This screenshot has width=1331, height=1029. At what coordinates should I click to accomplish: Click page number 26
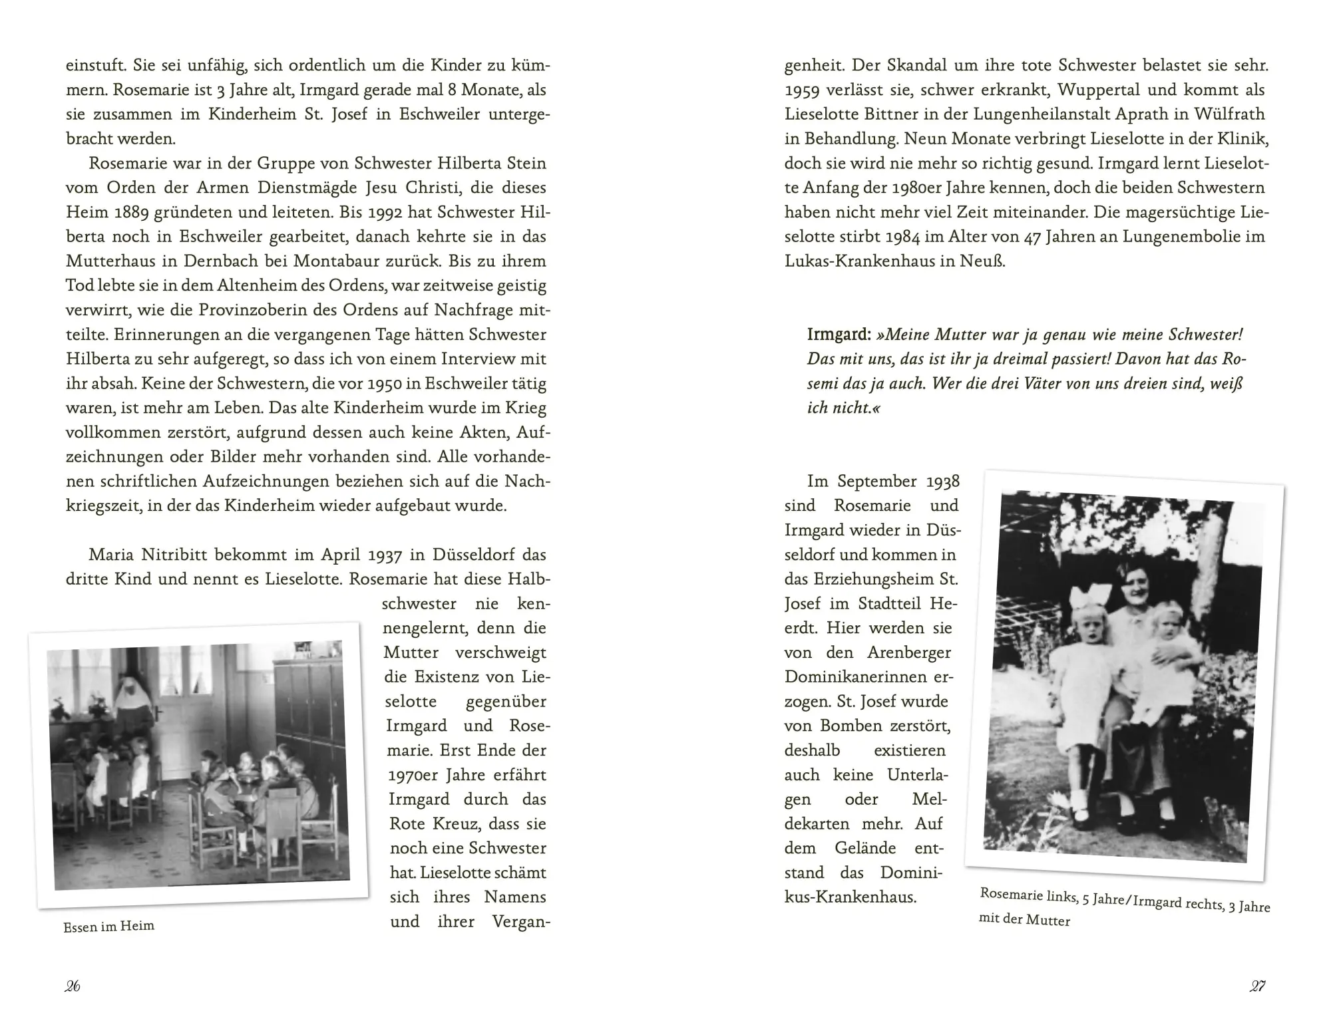coord(73,986)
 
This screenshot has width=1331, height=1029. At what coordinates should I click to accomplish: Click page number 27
coord(1257,986)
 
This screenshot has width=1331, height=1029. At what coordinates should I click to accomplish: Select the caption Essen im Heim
coord(108,926)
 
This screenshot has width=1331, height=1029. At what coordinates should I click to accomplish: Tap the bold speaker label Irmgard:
coord(839,335)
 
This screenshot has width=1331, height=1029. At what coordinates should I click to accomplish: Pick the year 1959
coord(805,90)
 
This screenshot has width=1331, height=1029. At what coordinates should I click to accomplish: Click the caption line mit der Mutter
coord(1024,921)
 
